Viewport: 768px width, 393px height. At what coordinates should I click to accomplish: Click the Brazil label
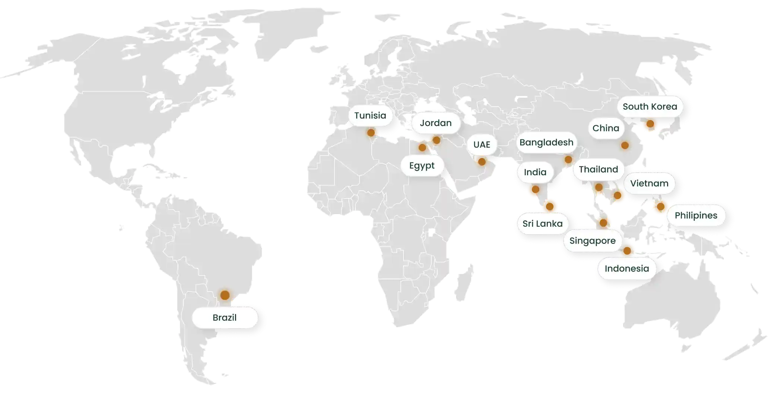click(225, 318)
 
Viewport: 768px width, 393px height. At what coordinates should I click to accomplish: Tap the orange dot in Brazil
click(225, 295)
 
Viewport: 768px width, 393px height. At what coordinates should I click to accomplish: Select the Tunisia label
click(370, 116)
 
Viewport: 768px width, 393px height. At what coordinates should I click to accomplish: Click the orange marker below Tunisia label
click(371, 132)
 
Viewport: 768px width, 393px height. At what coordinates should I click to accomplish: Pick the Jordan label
click(435, 123)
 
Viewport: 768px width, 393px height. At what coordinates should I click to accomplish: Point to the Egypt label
click(422, 165)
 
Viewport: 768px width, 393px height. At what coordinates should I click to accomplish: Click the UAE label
click(482, 145)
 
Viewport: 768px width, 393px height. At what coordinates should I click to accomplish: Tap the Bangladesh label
click(546, 142)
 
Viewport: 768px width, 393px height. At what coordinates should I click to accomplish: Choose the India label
click(535, 172)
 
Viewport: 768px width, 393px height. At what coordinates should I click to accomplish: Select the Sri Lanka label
click(542, 224)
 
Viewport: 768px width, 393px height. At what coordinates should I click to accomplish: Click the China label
click(606, 128)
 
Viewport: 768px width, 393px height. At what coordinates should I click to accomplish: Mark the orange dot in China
click(625, 145)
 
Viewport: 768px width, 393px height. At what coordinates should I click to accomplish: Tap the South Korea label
click(650, 107)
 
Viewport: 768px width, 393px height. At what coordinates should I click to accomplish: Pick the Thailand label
click(598, 169)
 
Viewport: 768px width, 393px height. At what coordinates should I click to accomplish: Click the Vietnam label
click(649, 183)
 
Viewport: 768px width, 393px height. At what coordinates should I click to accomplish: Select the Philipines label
click(696, 216)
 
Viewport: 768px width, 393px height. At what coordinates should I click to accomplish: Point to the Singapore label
click(592, 241)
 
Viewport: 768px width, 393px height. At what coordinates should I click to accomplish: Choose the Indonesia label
click(626, 268)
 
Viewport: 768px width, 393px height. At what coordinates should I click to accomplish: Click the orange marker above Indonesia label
click(627, 251)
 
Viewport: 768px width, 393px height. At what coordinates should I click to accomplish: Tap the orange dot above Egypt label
click(422, 148)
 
